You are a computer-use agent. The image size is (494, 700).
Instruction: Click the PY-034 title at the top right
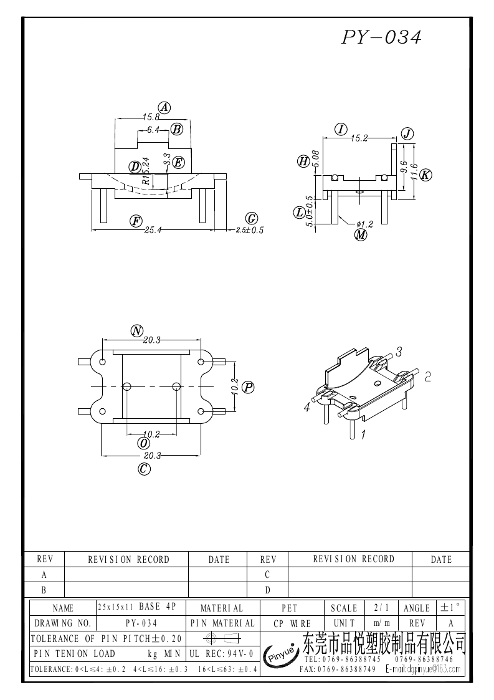381,37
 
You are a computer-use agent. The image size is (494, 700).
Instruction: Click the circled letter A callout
164,107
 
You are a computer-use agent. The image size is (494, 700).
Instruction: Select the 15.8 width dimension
151,117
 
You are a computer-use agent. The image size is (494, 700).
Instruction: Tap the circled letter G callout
252,218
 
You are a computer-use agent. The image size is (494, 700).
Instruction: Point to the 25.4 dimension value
153,230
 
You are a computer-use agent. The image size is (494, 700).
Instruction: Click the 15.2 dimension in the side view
359,139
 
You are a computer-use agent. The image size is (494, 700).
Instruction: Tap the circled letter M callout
361,235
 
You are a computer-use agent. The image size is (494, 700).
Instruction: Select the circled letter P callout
248,388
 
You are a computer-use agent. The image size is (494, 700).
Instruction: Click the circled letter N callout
136,330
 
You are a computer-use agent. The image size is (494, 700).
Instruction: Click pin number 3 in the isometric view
399,352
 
